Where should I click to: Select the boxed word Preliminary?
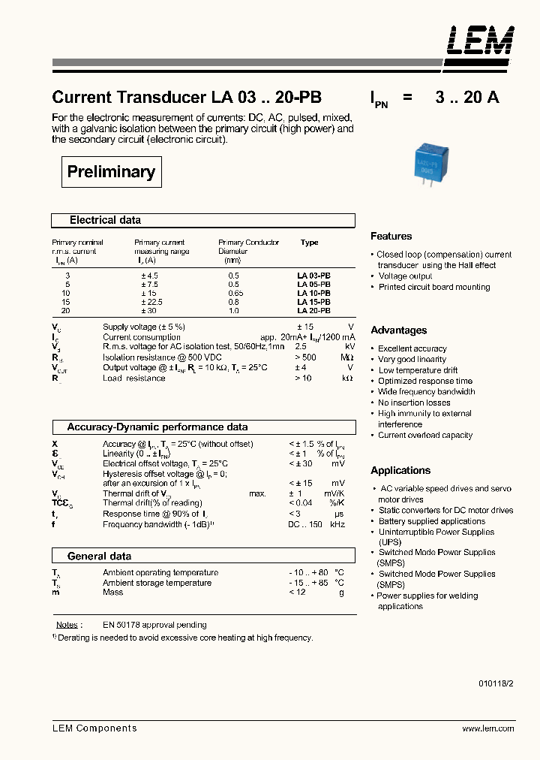[x=111, y=172]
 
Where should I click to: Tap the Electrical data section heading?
[x=105, y=220]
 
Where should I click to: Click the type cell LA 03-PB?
[x=313, y=276]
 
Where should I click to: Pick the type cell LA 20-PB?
[x=313, y=310]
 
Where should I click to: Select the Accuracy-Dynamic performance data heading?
[x=157, y=427]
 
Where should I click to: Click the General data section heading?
[x=99, y=556]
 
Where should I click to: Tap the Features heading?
[x=391, y=236]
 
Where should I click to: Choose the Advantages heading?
[x=398, y=330]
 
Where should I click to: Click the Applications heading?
[x=400, y=471]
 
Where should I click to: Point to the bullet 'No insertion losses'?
[x=414, y=403]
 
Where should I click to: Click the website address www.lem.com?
[x=487, y=728]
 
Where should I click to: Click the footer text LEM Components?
[x=94, y=728]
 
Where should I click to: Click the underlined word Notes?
[x=67, y=625]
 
